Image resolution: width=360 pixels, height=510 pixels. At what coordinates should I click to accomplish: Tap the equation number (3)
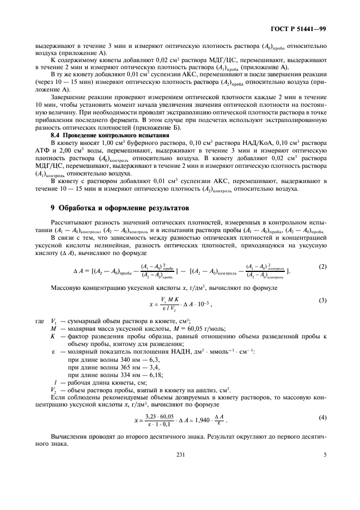click(x=322, y=300)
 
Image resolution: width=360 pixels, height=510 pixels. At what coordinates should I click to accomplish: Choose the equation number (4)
click(x=322, y=417)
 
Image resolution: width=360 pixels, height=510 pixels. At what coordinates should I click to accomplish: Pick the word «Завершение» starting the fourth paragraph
click(x=68, y=96)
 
